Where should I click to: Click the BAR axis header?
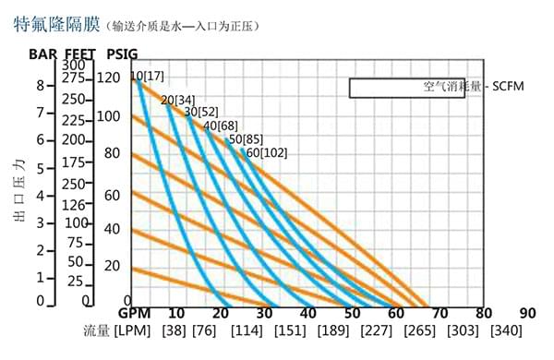(x=42, y=54)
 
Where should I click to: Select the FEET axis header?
(x=80, y=54)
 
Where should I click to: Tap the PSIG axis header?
(x=122, y=54)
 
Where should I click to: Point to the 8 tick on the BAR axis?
(x=40, y=86)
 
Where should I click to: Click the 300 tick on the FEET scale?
(x=74, y=66)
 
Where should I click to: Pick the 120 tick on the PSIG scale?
(x=108, y=78)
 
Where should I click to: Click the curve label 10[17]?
(x=148, y=76)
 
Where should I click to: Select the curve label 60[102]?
(x=267, y=153)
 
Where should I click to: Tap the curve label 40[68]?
(x=221, y=126)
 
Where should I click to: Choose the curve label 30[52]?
(x=201, y=112)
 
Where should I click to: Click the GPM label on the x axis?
(x=134, y=313)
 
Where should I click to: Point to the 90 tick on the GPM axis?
(x=528, y=313)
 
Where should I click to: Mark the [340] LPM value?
(x=506, y=331)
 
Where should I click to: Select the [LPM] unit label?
(x=132, y=331)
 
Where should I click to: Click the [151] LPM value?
(x=290, y=331)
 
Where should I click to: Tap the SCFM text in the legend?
(x=508, y=86)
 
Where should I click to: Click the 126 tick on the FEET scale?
(x=74, y=205)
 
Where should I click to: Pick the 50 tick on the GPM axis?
(x=352, y=313)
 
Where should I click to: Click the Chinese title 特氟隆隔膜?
(x=56, y=24)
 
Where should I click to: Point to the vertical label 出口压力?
(x=19, y=191)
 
